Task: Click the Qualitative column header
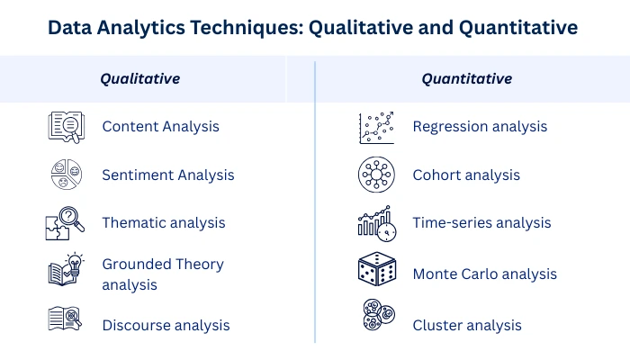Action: click(x=140, y=79)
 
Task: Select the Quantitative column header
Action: click(x=467, y=79)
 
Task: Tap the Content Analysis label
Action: click(x=161, y=127)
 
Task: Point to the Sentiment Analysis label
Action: click(x=168, y=175)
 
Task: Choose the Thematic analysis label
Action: click(x=164, y=223)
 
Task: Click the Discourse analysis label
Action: click(x=166, y=326)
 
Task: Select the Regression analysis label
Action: click(x=480, y=127)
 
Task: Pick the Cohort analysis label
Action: click(x=466, y=175)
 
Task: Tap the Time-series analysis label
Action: click(x=481, y=223)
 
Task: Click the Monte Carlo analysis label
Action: click(x=484, y=274)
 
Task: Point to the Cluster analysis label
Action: click(x=467, y=326)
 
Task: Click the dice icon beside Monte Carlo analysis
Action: click(x=377, y=269)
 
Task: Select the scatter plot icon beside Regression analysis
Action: click(x=376, y=128)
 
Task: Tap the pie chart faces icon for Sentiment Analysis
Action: click(x=67, y=175)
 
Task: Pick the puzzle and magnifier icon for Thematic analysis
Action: click(x=65, y=223)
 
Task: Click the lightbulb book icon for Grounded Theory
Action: click(x=66, y=270)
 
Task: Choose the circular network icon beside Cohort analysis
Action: click(x=376, y=175)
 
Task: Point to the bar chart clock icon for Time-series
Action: click(x=377, y=224)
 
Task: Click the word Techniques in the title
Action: click(x=247, y=28)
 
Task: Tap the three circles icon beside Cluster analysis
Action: click(x=379, y=315)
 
